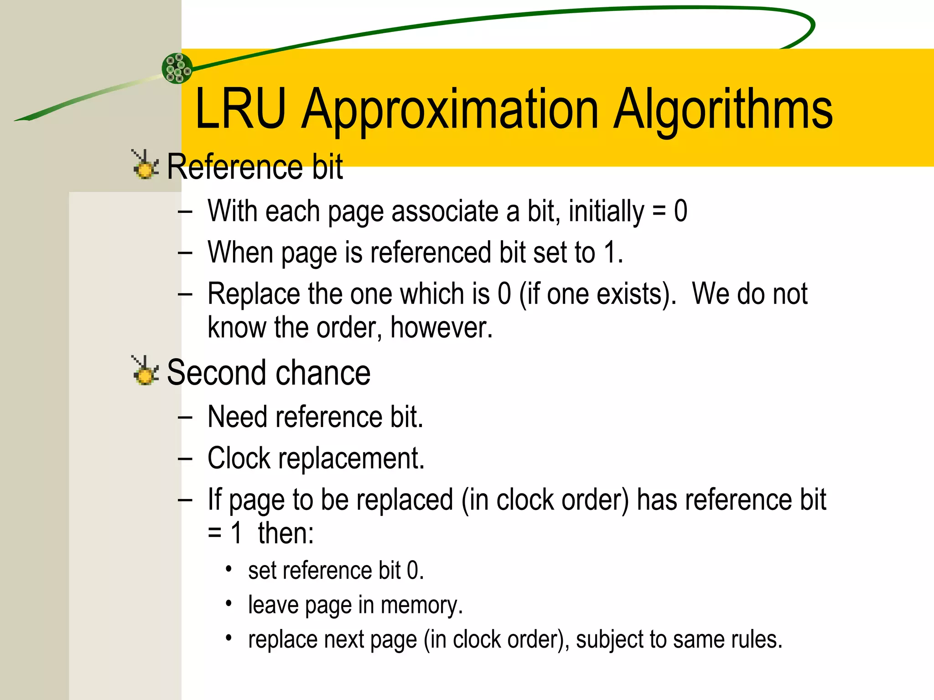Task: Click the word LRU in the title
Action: [240, 109]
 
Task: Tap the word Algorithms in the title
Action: [723, 112]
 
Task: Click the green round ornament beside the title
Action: [177, 68]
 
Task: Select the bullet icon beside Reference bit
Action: [145, 165]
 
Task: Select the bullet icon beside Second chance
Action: [145, 371]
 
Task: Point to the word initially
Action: [606, 212]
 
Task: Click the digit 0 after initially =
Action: [680, 211]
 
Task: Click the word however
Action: [441, 328]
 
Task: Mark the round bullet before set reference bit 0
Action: [229, 569]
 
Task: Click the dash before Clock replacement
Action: [185, 459]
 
